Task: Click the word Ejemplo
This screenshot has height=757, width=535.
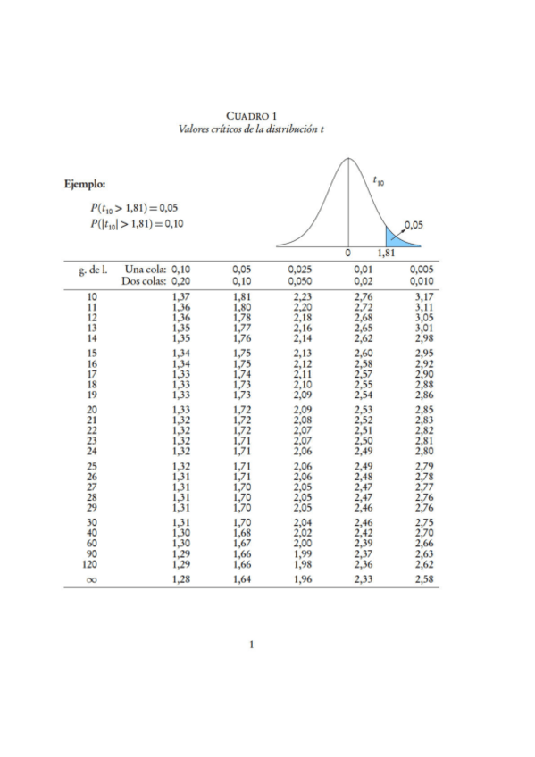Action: pos(85,185)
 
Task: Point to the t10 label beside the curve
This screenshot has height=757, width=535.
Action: pos(379,181)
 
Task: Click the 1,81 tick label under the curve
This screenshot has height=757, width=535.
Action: pos(386,254)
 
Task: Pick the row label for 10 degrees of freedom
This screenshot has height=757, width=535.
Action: pos(92,295)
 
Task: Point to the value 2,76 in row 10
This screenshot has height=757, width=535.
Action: pos(363,295)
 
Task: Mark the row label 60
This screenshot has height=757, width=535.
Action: pos(92,543)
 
